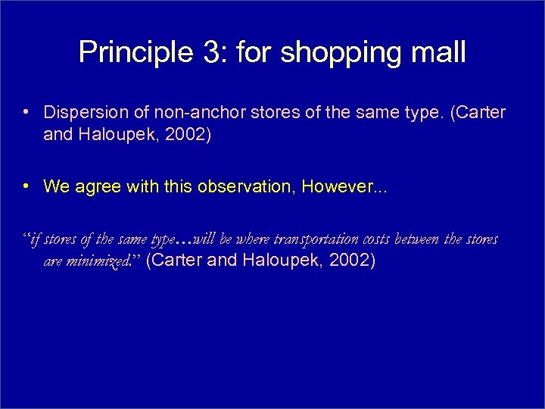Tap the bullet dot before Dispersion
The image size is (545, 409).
26,113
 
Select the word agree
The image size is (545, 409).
95,187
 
